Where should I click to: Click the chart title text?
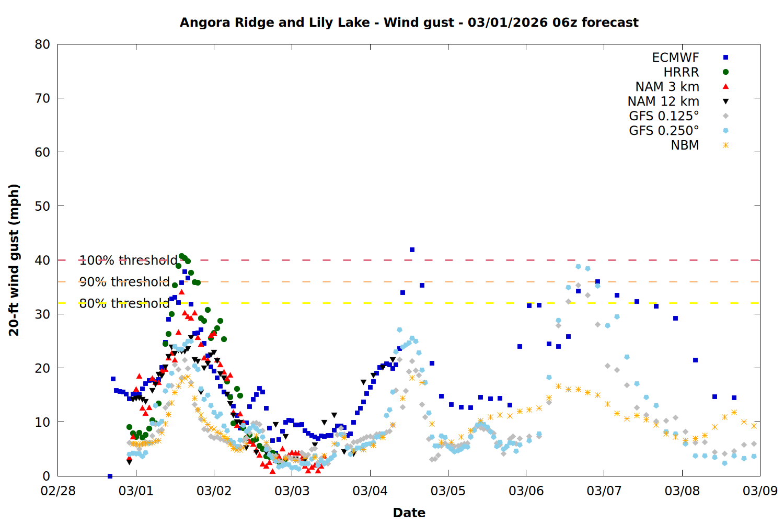(x=409, y=22)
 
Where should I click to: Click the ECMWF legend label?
(x=675, y=58)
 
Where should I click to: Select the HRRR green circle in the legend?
(x=725, y=72)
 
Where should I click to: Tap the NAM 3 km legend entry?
(x=667, y=87)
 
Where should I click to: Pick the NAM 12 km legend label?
(x=663, y=101)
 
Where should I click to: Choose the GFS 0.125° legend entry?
(x=664, y=116)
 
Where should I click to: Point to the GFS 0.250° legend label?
(x=664, y=131)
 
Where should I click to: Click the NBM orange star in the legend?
(x=725, y=145)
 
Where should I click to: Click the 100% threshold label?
(x=128, y=260)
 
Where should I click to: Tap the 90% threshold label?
(x=124, y=282)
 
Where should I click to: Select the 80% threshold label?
(x=124, y=303)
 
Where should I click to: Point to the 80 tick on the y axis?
(x=43, y=44)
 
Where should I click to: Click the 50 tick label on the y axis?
(x=43, y=206)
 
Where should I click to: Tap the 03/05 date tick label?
(x=448, y=491)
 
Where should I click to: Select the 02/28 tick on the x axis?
(x=58, y=491)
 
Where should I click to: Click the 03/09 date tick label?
(x=760, y=491)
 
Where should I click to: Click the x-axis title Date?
(x=409, y=513)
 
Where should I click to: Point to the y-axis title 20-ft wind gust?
(x=14, y=260)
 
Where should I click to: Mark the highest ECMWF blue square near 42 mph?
(x=412, y=250)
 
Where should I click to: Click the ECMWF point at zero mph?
(x=110, y=476)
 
